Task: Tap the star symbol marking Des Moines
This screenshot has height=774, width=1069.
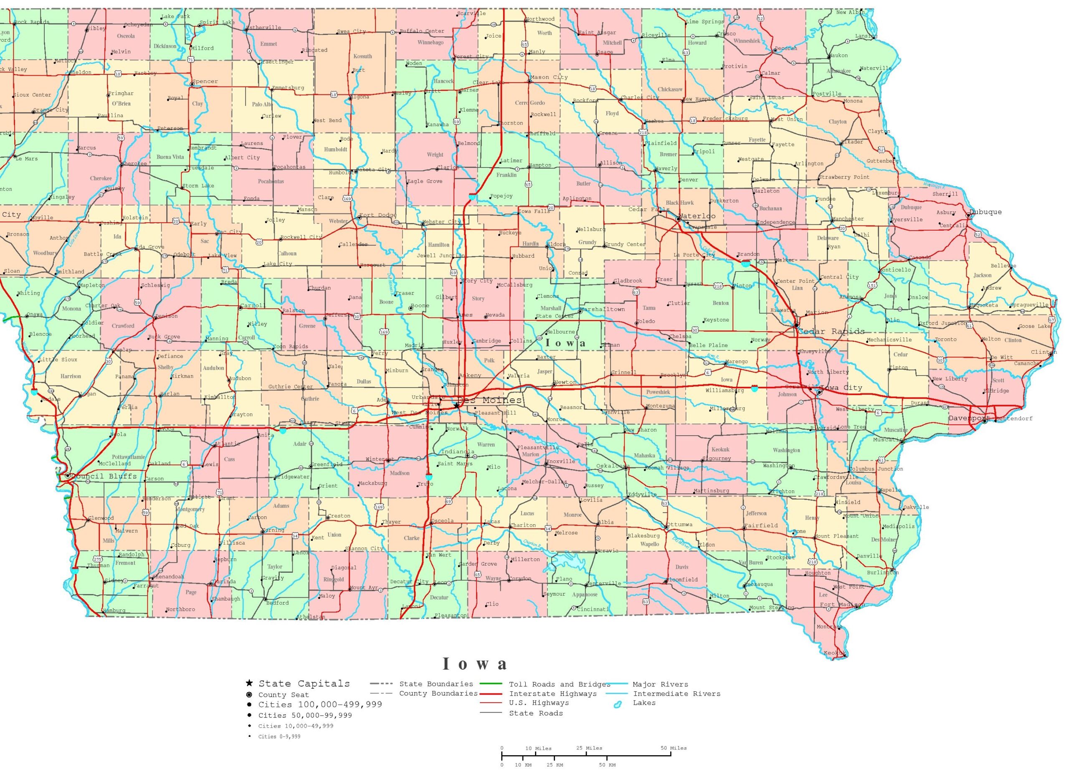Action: pos(457,405)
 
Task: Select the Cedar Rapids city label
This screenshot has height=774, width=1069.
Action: pos(831,331)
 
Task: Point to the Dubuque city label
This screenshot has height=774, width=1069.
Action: pos(985,212)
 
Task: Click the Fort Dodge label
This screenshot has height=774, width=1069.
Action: pos(378,216)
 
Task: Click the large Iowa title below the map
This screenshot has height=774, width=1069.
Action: pos(475,664)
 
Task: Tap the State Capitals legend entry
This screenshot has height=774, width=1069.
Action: pos(304,684)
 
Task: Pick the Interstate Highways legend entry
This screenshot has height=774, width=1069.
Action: pos(552,694)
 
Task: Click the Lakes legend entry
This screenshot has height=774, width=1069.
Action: pos(644,703)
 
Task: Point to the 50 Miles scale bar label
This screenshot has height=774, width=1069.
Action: pos(674,748)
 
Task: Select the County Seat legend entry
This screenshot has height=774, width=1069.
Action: pos(283,695)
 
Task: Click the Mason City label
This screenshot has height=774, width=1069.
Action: pos(549,77)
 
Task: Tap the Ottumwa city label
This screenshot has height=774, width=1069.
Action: pos(680,525)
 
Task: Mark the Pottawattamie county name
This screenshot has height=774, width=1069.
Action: pos(129,457)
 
